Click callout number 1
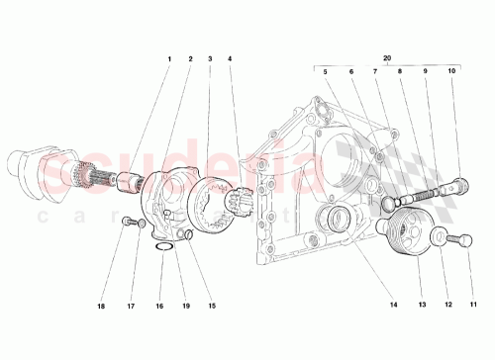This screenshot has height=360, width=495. [169, 59]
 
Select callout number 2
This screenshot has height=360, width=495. [190, 59]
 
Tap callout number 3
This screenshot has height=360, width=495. [211, 59]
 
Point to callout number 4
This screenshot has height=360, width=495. [230, 59]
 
